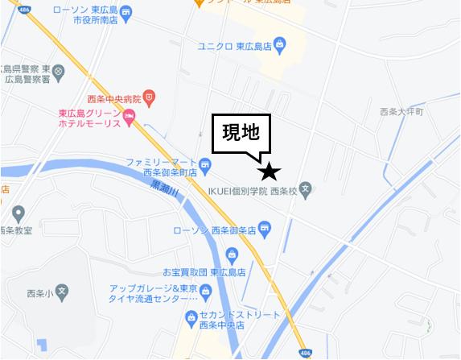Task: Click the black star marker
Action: click(x=269, y=172)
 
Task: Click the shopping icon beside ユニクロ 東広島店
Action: click(x=278, y=43)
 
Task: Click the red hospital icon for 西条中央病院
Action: click(x=150, y=97)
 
